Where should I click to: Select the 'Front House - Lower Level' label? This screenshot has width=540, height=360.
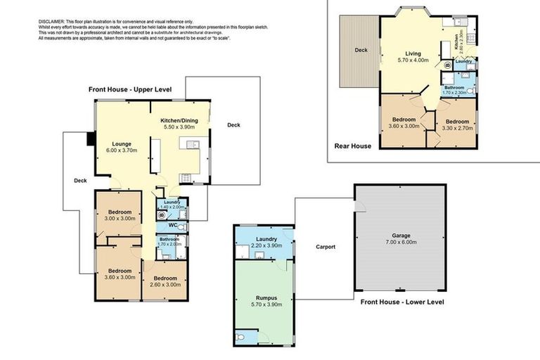click(402, 302)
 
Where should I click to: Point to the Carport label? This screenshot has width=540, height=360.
click(325, 247)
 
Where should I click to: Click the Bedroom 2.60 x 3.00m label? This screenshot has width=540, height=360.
click(165, 281)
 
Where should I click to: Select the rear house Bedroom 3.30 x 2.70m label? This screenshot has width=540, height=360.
click(457, 124)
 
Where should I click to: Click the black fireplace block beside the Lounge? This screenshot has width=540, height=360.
click(91, 139)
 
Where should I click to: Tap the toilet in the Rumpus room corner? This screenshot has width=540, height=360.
click(241, 338)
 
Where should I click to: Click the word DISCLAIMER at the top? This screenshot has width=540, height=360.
click(51, 22)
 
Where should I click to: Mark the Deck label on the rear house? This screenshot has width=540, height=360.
click(361, 50)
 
